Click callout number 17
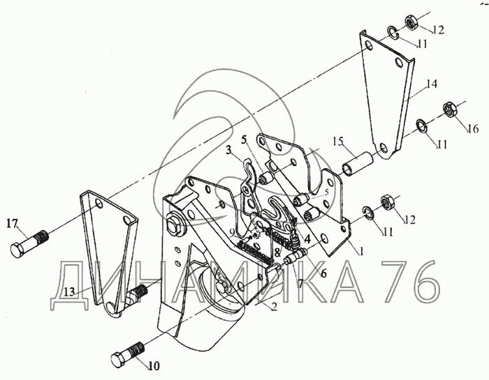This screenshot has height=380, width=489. coord(12,223)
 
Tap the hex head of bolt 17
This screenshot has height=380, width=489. coord(17,250)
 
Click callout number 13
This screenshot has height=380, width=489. coord(70,291)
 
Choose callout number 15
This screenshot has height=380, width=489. coord(337,141)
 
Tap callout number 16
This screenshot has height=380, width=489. coord(473,128)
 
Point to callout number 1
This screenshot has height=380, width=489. coord(361,251)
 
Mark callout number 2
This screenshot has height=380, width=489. coord(274,307)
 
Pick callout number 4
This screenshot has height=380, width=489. coord(307,240)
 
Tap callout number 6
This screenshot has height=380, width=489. coord(323,273)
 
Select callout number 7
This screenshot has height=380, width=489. coord(300,283)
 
